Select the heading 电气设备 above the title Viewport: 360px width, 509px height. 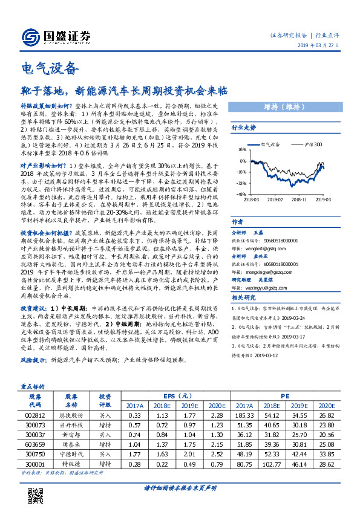(50, 68)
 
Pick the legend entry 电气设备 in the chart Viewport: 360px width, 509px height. (270, 144)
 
